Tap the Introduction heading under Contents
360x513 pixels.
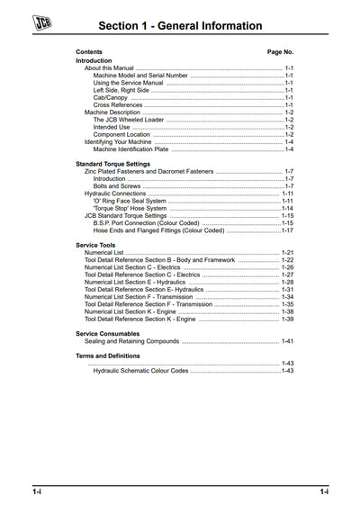(94, 60)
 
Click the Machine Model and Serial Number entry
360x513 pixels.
(140, 76)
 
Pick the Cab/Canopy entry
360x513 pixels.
(112, 97)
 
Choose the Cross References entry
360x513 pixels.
(118, 104)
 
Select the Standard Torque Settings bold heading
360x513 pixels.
(112, 164)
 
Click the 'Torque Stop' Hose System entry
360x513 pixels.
(130, 208)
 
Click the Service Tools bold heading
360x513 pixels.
(95, 245)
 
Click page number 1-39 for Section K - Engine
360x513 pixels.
(288, 319)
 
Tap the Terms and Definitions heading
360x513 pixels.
(107, 355)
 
